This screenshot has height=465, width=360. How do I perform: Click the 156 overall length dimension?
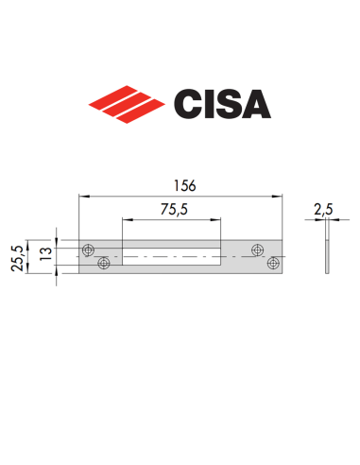181,187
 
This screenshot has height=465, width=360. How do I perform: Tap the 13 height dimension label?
43,255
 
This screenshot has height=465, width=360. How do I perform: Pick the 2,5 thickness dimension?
326,207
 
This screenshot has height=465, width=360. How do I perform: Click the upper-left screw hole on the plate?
88,250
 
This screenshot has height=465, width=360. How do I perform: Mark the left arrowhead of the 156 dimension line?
82,197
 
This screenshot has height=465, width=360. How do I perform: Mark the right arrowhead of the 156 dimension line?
282,197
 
